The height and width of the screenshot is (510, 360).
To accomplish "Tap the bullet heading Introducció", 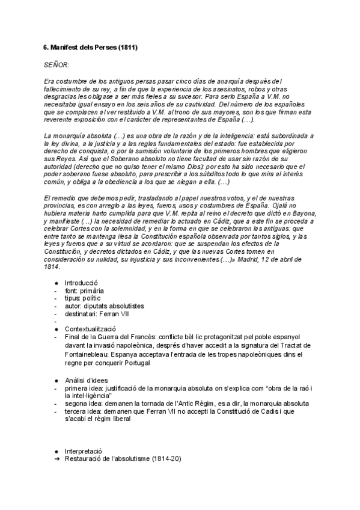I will [x=81, y=283].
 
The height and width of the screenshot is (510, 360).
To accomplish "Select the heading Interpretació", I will [x=83, y=450].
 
